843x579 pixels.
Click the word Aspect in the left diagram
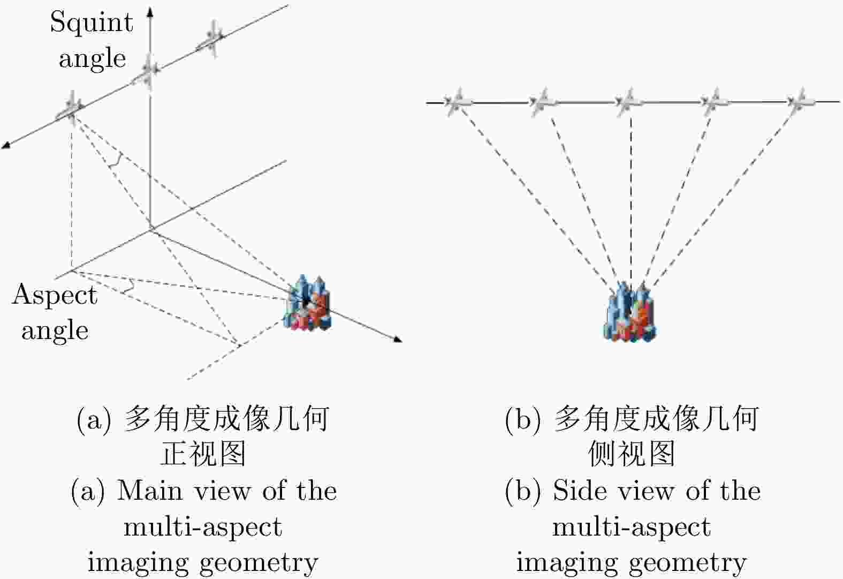click(55, 295)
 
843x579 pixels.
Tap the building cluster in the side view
click(630, 312)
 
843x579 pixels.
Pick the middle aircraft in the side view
click(628, 101)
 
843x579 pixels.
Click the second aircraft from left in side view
click(543, 101)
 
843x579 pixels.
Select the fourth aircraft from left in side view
click(714, 101)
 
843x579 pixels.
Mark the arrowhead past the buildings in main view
click(397, 339)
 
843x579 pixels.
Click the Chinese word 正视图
click(203, 454)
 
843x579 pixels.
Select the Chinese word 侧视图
click(632, 454)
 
